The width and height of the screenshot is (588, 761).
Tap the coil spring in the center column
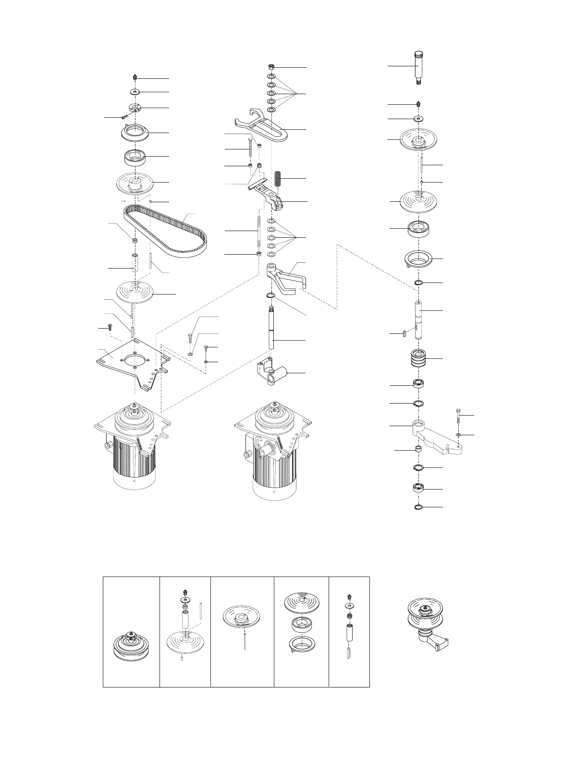click(x=277, y=179)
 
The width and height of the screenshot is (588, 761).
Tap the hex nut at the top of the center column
click(x=271, y=67)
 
